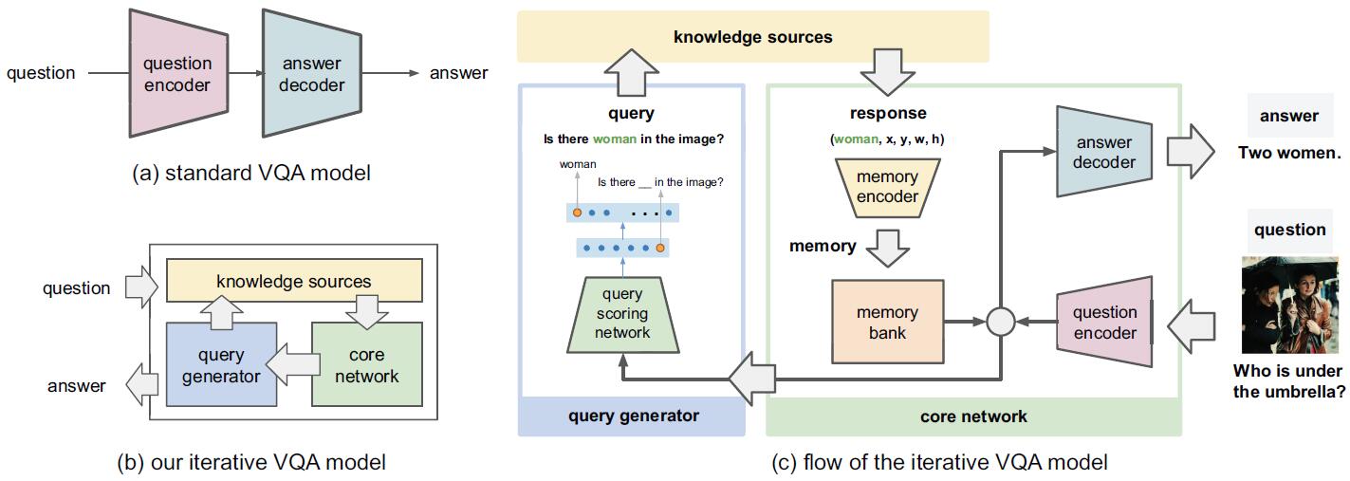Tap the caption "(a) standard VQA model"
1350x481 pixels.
click(x=251, y=173)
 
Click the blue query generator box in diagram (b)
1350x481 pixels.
click(x=221, y=365)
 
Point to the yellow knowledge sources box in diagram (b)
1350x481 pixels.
click(x=293, y=282)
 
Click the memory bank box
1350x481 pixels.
click(x=887, y=322)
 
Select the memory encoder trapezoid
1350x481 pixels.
click(x=887, y=186)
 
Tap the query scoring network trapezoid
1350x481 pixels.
click(x=622, y=312)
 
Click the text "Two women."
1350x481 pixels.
click(x=1288, y=152)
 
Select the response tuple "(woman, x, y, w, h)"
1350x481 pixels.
click(x=887, y=139)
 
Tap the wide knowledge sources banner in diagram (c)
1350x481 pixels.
click(x=752, y=38)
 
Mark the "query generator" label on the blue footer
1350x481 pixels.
click(x=633, y=416)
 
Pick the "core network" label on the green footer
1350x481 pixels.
click(x=973, y=416)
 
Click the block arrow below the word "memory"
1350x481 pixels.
click(x=887, y=246)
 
